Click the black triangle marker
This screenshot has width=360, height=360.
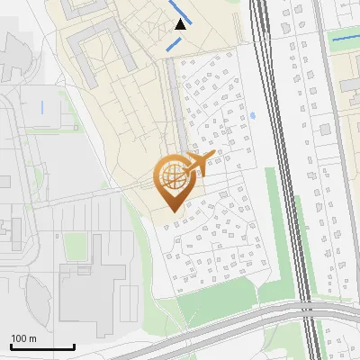pos(181,24)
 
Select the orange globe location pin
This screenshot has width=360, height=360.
pos(171,184)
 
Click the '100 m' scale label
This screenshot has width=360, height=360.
pos(24,338)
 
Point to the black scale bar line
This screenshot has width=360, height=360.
pos(42,347)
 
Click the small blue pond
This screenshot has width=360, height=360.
pos(251,115)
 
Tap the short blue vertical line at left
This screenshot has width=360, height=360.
pos(41,107)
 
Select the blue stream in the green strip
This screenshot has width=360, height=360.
pos(343,39)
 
